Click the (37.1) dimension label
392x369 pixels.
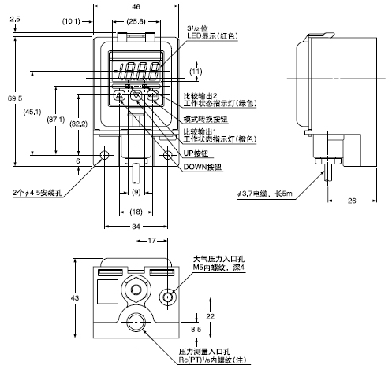click(x=54, y=120)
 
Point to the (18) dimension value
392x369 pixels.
click(x=136, y=212)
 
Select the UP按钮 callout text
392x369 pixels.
click(x=196, y=154)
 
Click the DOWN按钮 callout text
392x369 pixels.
click(x=204, y=168)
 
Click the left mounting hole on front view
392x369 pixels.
click(x=105, y=155)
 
